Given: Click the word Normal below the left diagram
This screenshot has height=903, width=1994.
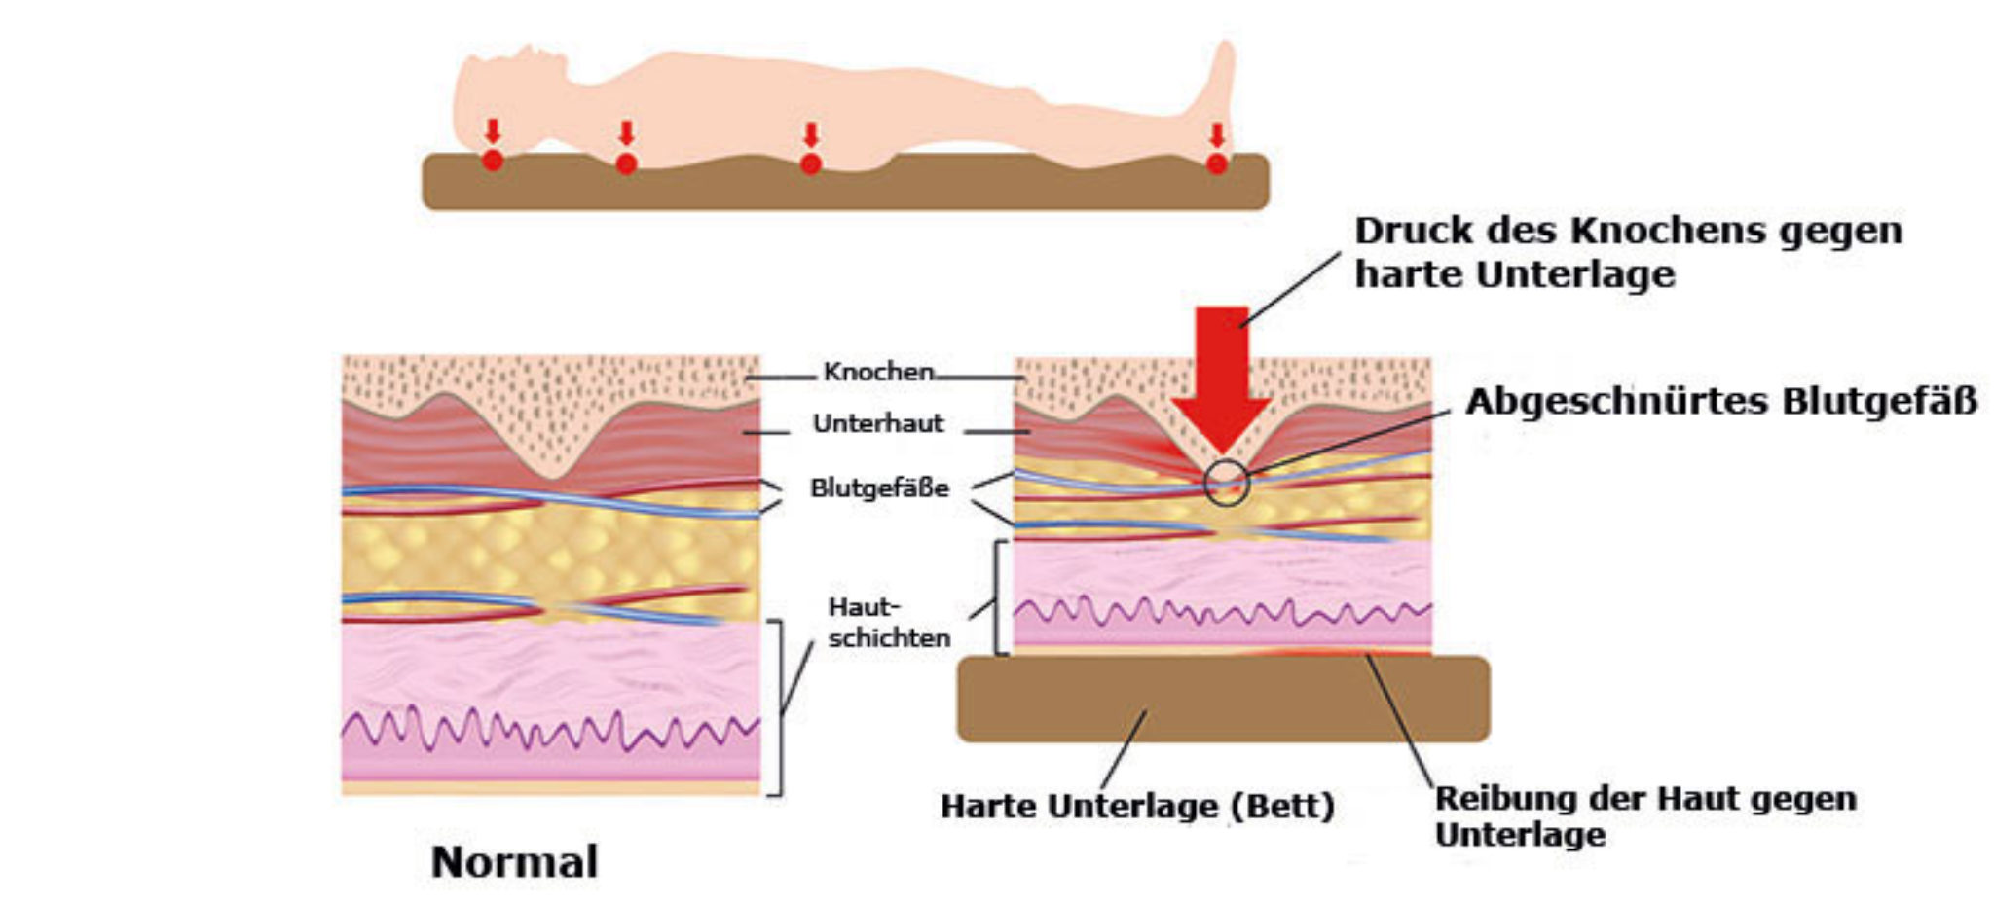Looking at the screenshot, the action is click(x=514, y=862).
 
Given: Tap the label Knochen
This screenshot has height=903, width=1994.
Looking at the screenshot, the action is click(x=878, y=372).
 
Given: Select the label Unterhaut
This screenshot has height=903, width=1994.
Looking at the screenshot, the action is click(x=878, y=423).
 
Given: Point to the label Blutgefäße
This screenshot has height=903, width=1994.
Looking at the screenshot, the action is click(x=879, y=488).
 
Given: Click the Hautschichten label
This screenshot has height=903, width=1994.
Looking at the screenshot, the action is click(x=889, y=623).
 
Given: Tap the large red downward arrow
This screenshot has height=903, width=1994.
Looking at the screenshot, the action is click(x=1221, y=379).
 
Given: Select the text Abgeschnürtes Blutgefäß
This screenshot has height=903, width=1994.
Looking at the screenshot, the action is click(x=1721, y=402).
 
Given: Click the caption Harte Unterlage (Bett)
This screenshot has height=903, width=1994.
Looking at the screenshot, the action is click(x=1137, y=807).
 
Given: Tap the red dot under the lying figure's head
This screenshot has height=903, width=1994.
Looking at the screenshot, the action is click(x=493, y=161).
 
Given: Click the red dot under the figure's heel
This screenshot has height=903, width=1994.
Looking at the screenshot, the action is click(x=1216, y=163).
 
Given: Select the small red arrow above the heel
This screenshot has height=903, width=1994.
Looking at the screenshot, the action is click(x=1216, y=135).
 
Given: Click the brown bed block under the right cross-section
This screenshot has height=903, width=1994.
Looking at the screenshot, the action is click(x=1223, y=699).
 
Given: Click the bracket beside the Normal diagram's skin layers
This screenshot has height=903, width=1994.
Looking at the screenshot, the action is click(x=777, y=707).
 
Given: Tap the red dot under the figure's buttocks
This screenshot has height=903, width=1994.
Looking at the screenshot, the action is click(x=810, y=163).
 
